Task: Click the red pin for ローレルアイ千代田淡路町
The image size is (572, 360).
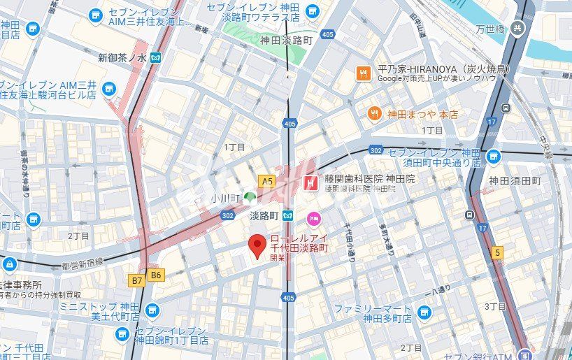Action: (x=257, y=246)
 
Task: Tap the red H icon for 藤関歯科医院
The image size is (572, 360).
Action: (x=310, y=183)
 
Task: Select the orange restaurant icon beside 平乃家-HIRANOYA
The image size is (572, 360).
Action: (x=363, y=73)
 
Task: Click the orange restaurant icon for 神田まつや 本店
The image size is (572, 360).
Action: (x=374, y=113)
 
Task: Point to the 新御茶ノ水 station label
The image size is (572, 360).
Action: (x=123, y=57)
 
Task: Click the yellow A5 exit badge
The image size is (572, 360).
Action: (x=266, y=180)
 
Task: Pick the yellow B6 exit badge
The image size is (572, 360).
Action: (x=155, y=275)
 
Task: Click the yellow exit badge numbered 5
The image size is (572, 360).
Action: (x=497, y=252)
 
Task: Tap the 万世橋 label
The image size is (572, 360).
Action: (x=490, y=29)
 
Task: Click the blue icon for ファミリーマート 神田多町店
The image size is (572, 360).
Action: (x=424, y=312)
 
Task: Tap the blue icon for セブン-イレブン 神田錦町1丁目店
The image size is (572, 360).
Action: (x=122, y=335)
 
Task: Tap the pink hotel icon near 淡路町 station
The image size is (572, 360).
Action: (x=313, y=218)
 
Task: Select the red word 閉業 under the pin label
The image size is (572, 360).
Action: (x=278, y=258)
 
